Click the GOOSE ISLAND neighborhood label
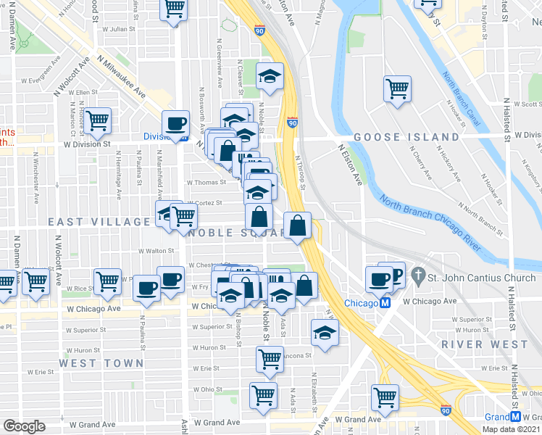tap(406, 137)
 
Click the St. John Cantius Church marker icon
tap(417, 275)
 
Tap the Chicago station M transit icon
tap(386, 303)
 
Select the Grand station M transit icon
tap(515, 418)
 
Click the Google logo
tap(25, 426)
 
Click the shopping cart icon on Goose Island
tap(397, 89)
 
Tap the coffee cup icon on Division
tap(175, 123)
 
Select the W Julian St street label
tap(119, 30)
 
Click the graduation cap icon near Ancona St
tap(325, 333)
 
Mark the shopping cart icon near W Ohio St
tap(262, 395)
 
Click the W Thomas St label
tap(204, 183)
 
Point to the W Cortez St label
tap(204, 204)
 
